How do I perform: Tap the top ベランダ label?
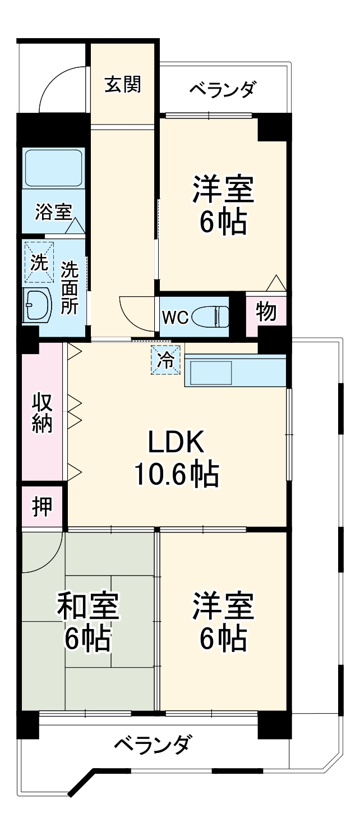(x=223, y=90)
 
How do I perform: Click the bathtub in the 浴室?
(x=53, y=167)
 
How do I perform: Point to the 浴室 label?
(x=53, y=213)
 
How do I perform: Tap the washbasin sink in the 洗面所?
(x=37, y=305)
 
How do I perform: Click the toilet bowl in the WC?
(x=210, y=317)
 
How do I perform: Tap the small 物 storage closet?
(x=266, y=312)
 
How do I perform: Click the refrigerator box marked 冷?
(x=166, y=360)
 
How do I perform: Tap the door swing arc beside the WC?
(x=135, y=311)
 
